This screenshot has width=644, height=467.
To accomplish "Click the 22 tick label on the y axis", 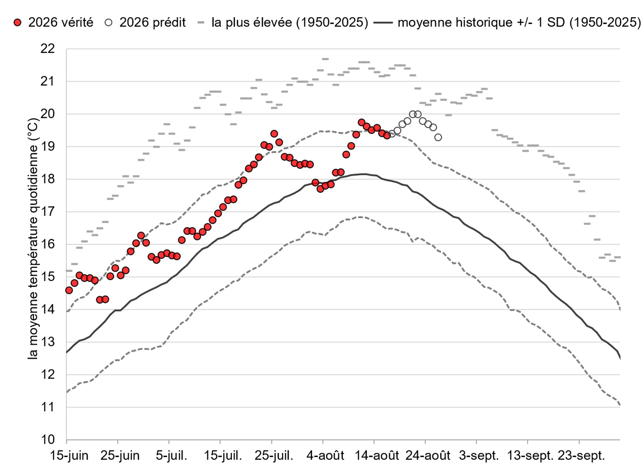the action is (48, 49).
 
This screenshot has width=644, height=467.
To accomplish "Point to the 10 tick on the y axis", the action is (48, 439).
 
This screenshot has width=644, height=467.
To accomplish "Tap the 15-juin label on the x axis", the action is (69, 456).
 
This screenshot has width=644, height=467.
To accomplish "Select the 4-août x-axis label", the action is (325, 456).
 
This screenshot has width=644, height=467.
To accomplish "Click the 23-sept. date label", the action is (581, 456).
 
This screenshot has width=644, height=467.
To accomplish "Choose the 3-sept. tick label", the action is (479, 456).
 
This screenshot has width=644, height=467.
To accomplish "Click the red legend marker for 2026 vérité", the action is (17, 23).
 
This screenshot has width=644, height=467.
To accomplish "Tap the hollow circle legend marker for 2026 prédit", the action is (108, 23).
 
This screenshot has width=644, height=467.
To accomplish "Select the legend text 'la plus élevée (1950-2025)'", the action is (289, 23).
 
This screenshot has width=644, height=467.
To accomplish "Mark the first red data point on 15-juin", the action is (69, 290).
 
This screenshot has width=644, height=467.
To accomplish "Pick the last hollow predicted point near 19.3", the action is (438, 137).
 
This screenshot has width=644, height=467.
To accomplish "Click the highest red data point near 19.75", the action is (361, 122).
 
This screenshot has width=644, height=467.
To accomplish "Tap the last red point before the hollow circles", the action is (387, 136).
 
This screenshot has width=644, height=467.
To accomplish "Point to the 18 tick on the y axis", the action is (48, 179).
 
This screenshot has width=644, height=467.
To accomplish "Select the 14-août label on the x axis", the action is (377, 456).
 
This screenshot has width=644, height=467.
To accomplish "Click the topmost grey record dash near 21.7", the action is (325, 59).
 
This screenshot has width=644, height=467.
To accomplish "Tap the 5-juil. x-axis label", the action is (171, 456).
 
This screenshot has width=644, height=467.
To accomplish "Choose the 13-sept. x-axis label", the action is (530, 456).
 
